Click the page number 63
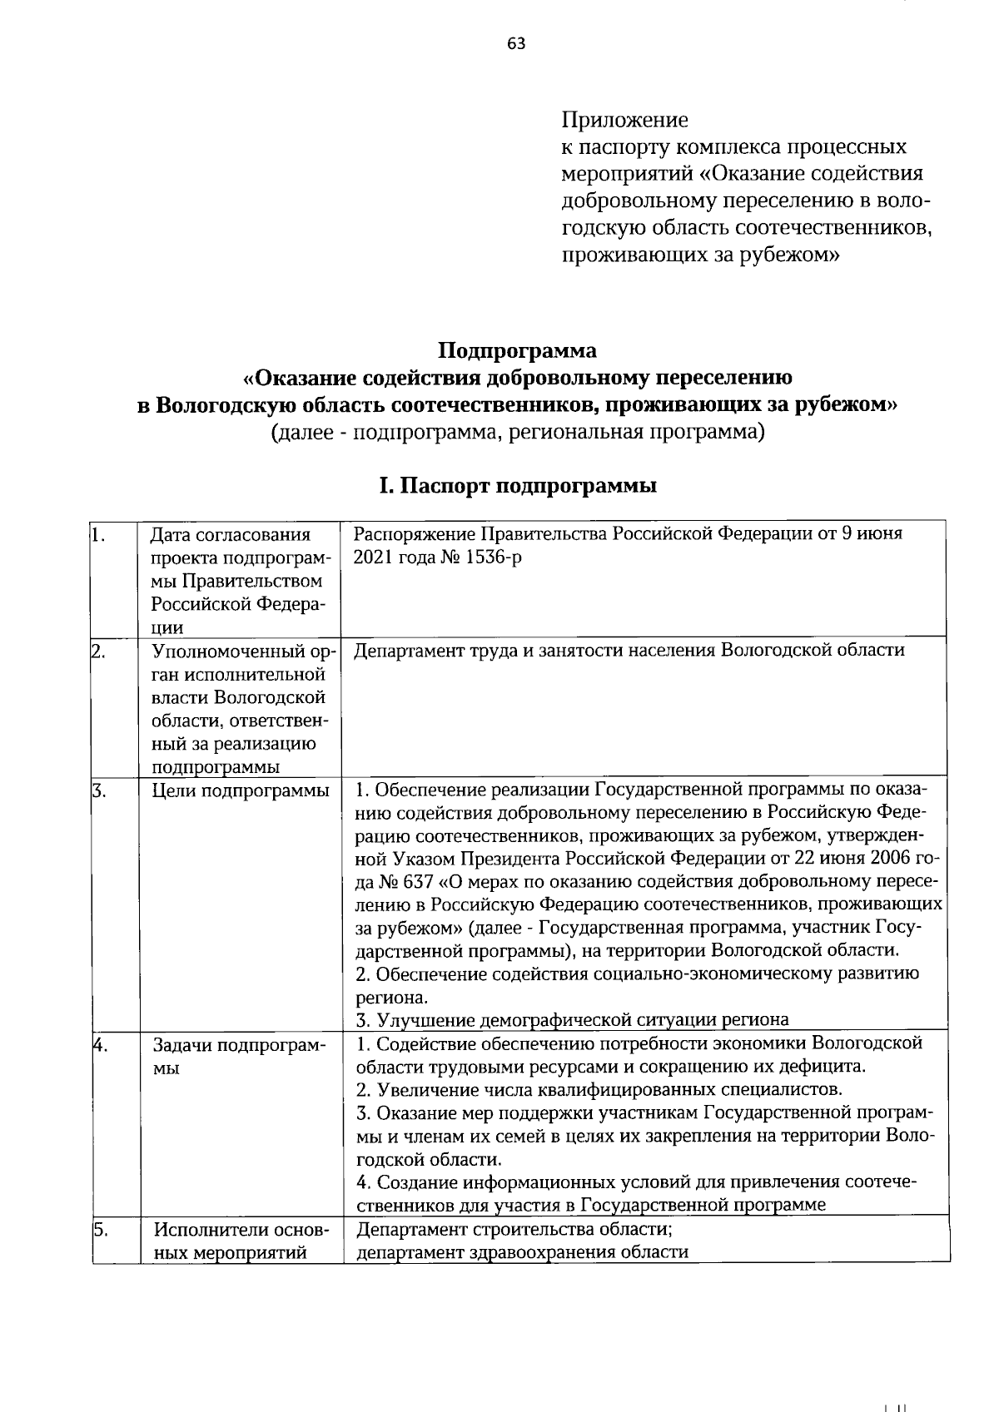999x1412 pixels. tap(515, 44)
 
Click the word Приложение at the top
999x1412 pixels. tap(624, 120)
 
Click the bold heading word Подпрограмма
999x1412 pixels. tap(517, 349)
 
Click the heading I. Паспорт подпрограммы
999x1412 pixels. tap(517, 485)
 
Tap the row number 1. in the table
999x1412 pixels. tap(97, 533)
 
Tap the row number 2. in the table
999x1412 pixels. tap(97, 652)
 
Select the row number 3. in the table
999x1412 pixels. tap(97, 790)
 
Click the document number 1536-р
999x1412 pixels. tap(490, 557)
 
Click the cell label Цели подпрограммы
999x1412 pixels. tap(240, 790)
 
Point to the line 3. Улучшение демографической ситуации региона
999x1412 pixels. tap(572, 1020)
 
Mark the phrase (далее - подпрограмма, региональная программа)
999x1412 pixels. tap(517, 433)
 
